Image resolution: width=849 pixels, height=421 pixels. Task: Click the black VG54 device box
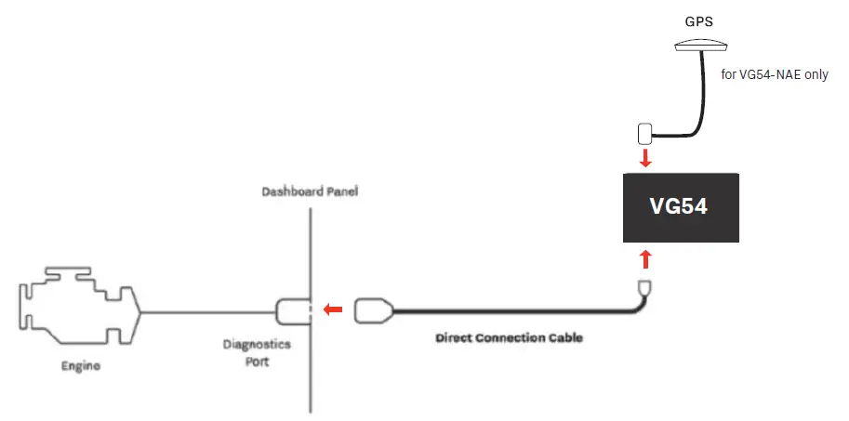(681, 207)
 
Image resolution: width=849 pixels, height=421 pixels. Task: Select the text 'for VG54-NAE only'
(775, 76)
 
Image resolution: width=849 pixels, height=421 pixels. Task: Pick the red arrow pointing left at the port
(332, 309)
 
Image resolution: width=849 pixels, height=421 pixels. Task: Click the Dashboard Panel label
(310, 192)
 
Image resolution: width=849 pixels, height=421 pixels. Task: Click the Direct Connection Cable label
(509, 338)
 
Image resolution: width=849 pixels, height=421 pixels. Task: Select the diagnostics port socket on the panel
(293, 309)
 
